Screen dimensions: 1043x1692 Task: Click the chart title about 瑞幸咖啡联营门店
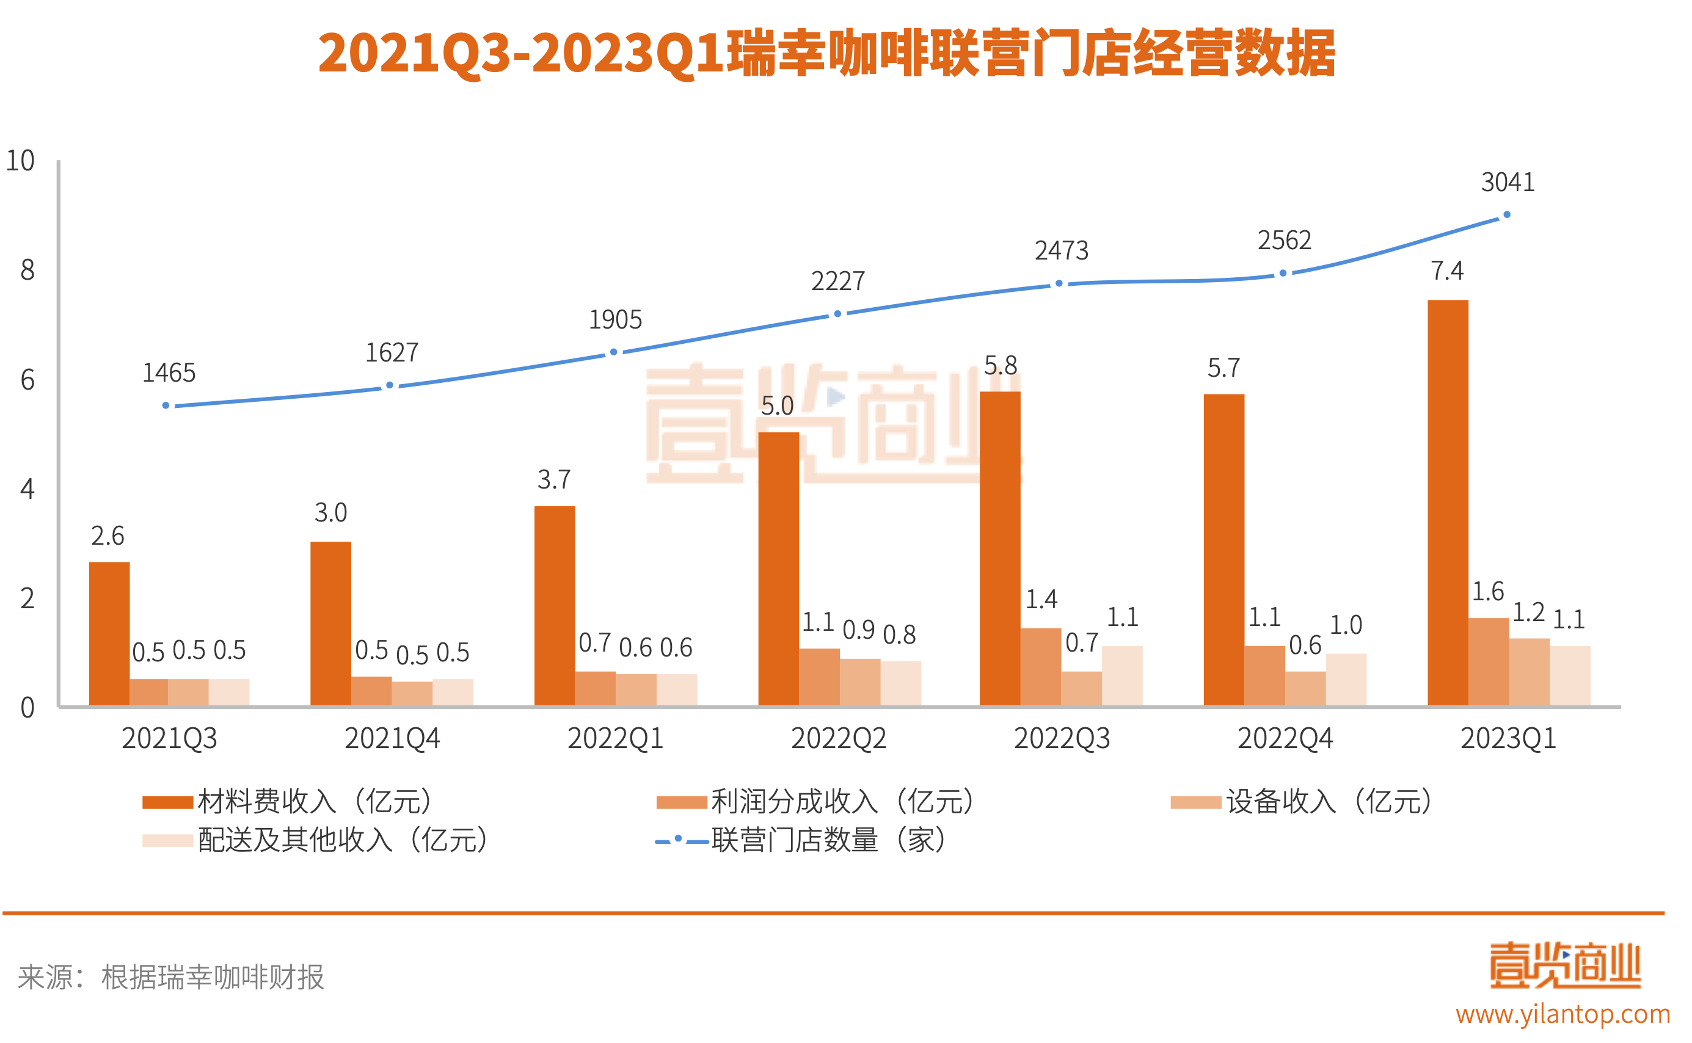pyautogui.click(x=826, y=54)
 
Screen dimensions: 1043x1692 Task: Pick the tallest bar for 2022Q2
pyautogui.click(x=778, y=569)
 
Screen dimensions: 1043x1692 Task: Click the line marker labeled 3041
pyautogui.click(x=1506, y=215)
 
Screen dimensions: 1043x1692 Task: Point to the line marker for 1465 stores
pyautogui.click(x=166, y=405)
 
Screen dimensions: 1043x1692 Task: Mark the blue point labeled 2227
pyautogui.click(x=837, y=314)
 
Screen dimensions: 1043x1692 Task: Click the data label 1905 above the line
pyautogui.click(x=615, y=319)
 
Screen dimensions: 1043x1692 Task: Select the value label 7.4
pyautogui.click(x=1446, y=271)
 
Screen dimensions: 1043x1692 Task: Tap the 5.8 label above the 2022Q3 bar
pyautogui.click(x=1000, y=365)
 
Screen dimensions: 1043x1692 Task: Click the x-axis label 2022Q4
pyautogui.click(x=1284, y=739)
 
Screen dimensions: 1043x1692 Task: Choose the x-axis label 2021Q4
pyautogui.click(x=392, y=739)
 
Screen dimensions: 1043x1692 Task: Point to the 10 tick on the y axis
pyautogui.click(x=20, y=161)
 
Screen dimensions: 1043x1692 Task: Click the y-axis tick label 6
pyautogui.click(x=27, y=379)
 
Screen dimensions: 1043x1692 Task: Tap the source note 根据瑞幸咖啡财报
pyautogui.click(x=213, y=977)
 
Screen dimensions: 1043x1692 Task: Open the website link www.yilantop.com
pyautogui.click(x=1563, y=1014)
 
